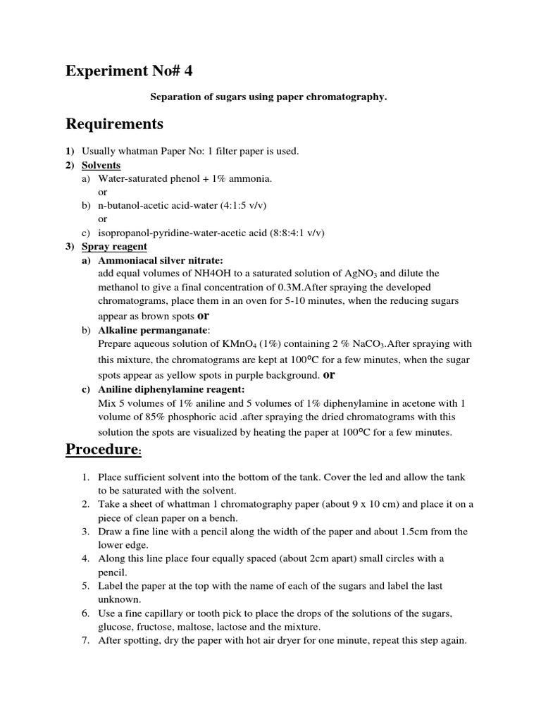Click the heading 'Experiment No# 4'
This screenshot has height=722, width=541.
click(128, 72)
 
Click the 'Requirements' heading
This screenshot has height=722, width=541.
click(114, 125)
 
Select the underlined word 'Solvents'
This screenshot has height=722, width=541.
click(101, 165)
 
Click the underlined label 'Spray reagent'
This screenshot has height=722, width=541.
click(114, 246)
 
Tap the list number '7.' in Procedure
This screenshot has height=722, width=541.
click(85, 641)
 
